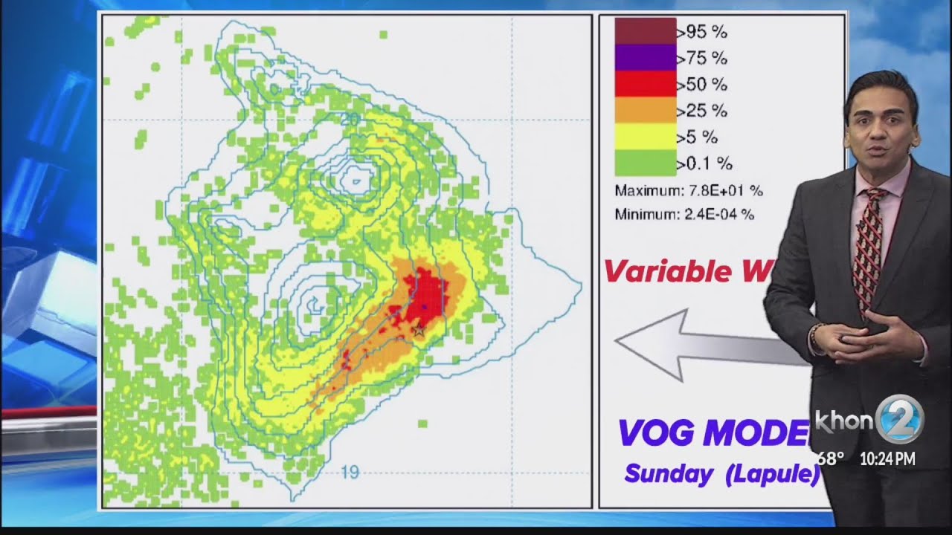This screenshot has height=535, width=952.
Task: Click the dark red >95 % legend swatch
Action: click(645, 31)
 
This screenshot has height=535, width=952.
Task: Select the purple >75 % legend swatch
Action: click(645, 57)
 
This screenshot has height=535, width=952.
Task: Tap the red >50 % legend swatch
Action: click(645, 84)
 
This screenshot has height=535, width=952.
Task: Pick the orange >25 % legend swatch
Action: click(645, 111)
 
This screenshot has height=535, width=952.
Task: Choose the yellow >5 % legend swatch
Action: click(645, 137)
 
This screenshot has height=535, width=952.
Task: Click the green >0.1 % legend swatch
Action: click(645, 163)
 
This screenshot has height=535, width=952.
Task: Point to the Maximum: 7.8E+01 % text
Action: click(689, 191)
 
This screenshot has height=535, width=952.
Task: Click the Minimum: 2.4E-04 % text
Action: click(684, 215)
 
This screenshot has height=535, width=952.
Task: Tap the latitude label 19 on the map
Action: click(350, 471)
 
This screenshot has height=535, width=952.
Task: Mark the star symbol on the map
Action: click(419, 330)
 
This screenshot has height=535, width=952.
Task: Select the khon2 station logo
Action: click(870, 420)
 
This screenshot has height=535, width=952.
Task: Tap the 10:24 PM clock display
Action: click(887, 459)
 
